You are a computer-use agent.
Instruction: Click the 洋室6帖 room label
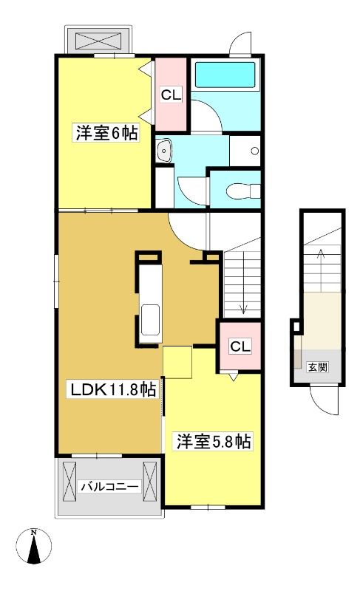pyautogui.click(x=106, y=133)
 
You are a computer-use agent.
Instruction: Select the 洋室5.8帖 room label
pyautogui.click(x=214, y=441)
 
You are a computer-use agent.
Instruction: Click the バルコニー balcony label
pyautogui.click(x=109, y=486)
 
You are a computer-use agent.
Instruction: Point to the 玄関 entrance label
pyautogui.click(x=318, y=366)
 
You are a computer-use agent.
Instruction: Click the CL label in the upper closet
pyautogui.click(x=171, y=95)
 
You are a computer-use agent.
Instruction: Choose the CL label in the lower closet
pyautogui.click(x=240, y=346)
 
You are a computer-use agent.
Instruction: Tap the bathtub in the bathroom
pyautogui.click(x=225, y=75)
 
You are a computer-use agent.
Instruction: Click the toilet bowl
pyautogui.click(x=243, y=191)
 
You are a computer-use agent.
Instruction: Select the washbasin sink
pyautogui.click(x=164, y=151)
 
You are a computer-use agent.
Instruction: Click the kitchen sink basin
pyautogui.click(x=150, y=320)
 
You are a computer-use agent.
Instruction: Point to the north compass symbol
pyautogui.click(x=34, y=546)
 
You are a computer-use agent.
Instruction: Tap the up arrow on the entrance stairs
pyautogui.click(x=320, y=268)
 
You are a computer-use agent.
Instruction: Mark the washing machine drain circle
pyautogui.click(x=255, y=151)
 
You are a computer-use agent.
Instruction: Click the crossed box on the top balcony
pyautogui.click(x=99, y=40)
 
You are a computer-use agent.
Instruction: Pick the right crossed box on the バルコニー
pyautogui.click(x=149, y=482)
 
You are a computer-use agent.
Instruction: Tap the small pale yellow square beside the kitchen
pyautogui.click(x=177, y=362)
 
